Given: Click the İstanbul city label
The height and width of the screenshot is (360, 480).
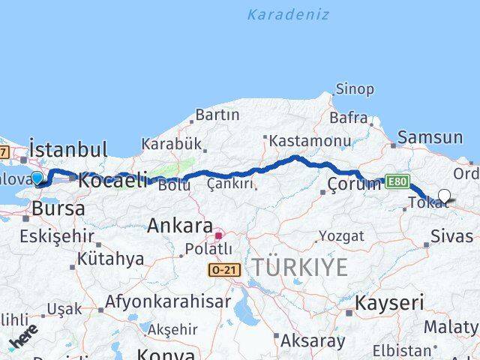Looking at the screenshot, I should click(68, 148).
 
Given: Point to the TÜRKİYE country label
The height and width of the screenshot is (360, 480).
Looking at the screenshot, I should click(300, 266).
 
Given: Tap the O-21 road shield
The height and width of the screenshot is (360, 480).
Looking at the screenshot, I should click(223, 268).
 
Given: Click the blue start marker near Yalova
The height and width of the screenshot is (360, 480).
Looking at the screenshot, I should click(38, 177).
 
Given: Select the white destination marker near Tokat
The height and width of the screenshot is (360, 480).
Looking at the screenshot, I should click(444, 196).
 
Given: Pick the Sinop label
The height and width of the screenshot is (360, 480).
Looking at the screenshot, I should click(355, 89).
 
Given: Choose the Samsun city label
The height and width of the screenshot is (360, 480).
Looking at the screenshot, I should click(430, 137).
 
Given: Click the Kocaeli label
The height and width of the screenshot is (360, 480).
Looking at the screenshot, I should click(112, 180).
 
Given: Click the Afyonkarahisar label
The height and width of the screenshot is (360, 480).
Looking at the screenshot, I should click(168, 303).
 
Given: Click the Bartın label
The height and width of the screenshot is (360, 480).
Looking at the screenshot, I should click(217, 115).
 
